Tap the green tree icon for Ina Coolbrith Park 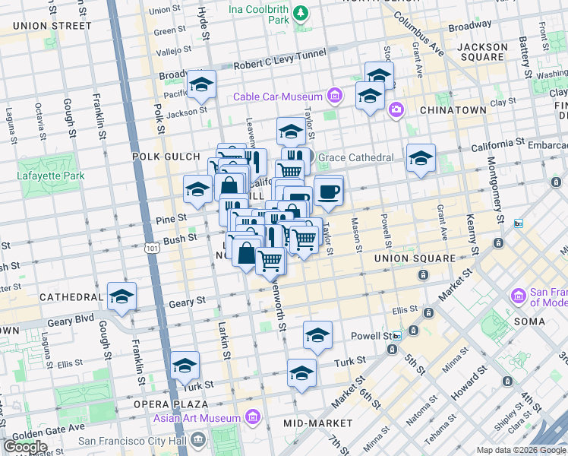(301, 13)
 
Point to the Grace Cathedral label (355, 158)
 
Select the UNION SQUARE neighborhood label (415, 258)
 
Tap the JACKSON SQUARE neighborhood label (482, 52)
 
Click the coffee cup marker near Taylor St (327, 192)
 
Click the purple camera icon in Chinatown (396, 111)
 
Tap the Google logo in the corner (25, 446)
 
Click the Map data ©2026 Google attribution (520, 450)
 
